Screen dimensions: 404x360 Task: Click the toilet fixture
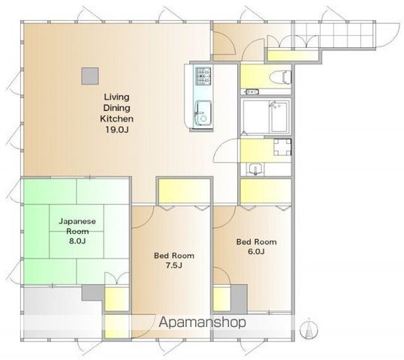(280, 76)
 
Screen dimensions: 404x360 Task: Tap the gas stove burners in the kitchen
(203, 76)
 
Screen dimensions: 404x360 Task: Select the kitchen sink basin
(204, 114)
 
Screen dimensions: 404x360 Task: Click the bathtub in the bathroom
(279, 116)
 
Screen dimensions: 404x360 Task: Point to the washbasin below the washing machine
(255, 169)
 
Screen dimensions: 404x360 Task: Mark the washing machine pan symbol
(282, 148)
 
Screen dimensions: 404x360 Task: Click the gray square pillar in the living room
(90, 76)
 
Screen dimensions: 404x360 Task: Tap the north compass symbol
(309, 328)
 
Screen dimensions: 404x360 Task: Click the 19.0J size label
(116, 130)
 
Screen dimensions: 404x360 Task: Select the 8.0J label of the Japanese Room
(77, 241)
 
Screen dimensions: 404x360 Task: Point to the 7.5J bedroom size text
(173, 265)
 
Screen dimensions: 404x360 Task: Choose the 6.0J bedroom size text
(256, 251)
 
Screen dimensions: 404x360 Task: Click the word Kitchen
(116, 119)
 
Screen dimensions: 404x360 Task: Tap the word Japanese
(77, 221)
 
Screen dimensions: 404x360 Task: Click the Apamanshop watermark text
(202, 322)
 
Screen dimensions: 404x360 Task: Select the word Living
(116, 97)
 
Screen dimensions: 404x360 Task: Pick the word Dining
(116, 108)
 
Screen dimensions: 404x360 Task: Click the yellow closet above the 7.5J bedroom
(184, 191)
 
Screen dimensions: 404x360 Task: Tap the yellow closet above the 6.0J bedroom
(266, 191)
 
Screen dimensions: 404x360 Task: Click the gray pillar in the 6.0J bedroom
(239, 299)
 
